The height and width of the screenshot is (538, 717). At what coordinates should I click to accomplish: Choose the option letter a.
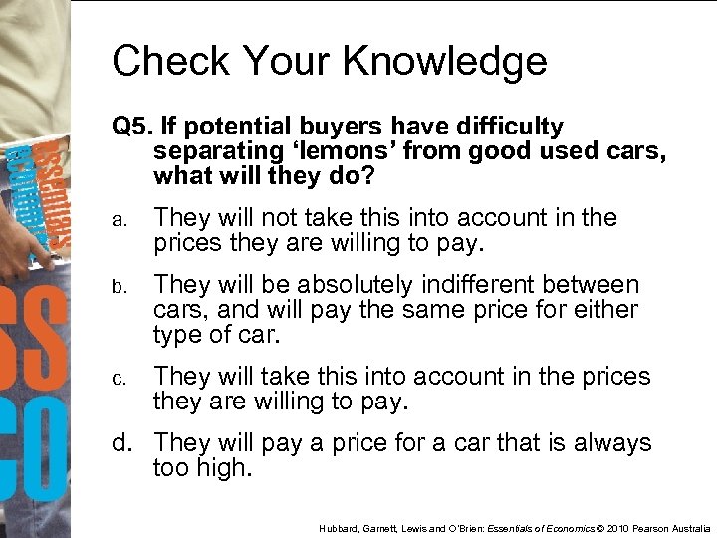point(118,219)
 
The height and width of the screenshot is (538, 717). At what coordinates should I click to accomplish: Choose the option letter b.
point(118,287)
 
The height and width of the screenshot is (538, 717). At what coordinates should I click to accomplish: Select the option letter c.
point(118,379)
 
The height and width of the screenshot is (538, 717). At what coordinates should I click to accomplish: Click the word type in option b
point(178,334)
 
